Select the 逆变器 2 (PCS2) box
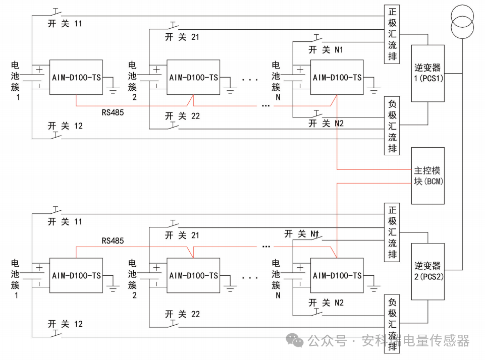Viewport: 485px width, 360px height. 428,271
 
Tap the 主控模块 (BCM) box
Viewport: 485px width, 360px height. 428,175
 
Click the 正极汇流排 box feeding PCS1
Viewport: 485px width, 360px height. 392,34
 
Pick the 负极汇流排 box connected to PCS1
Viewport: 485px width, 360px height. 392,126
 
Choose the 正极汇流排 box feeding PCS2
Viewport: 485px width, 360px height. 392,232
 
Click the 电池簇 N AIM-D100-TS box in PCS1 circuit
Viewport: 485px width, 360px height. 337,77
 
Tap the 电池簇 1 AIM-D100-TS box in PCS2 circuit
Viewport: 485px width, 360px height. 76,275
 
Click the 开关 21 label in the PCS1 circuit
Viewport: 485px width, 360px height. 182,37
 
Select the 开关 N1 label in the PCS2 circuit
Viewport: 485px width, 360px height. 302,234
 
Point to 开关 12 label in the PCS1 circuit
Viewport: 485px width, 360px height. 65,126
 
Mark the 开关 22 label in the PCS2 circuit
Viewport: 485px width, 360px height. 182,314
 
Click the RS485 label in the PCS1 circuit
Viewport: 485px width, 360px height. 113,112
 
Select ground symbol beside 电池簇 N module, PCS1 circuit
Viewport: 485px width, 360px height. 374,89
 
